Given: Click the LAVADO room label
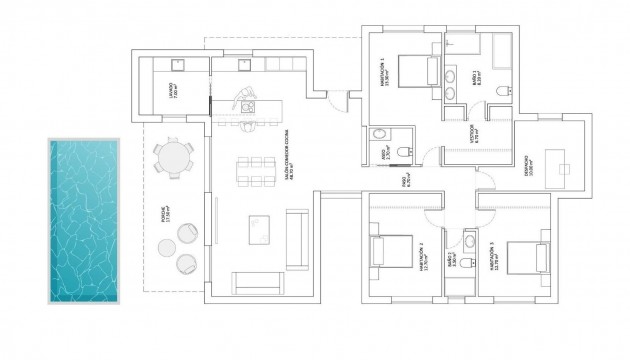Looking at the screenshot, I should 171,91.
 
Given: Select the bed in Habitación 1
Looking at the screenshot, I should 409,76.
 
